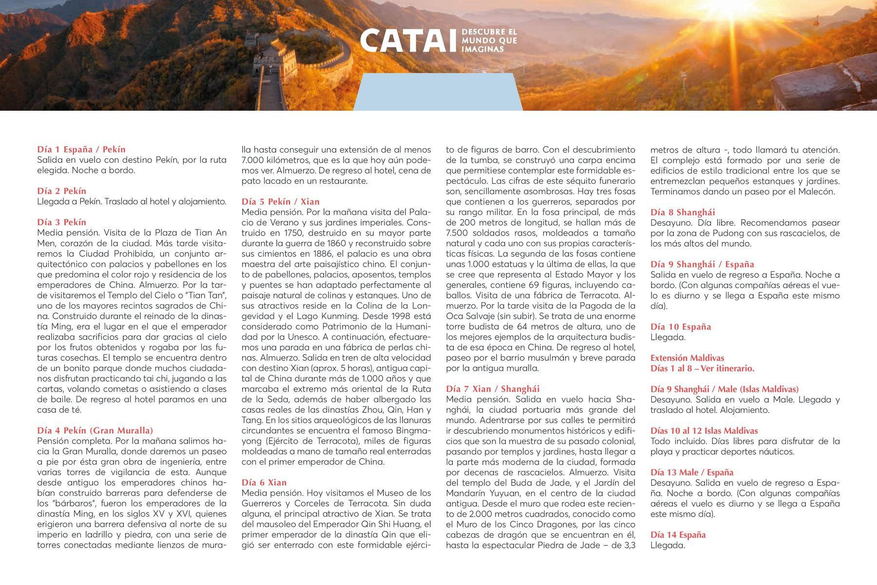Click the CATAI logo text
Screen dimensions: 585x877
tap(409, 40)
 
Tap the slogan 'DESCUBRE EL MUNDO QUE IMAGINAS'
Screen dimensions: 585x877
tap(489, 40)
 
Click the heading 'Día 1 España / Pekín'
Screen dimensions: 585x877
tap(81, 150)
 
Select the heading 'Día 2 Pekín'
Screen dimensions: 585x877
tap(61, 191)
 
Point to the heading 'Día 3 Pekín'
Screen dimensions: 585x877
tap(61, 222)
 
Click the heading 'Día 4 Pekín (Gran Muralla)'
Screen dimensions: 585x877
tap(95, 430)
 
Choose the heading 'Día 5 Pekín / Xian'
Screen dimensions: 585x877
tap(281, 202)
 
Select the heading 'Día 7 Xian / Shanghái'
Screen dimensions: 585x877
tap(493, 389)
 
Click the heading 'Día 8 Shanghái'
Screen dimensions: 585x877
tap(683, 212)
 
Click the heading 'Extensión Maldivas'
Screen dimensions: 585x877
tap(687, 358)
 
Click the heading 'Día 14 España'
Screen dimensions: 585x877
tap(678, 535)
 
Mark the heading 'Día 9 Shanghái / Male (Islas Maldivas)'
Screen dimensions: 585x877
tap(724, 389)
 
